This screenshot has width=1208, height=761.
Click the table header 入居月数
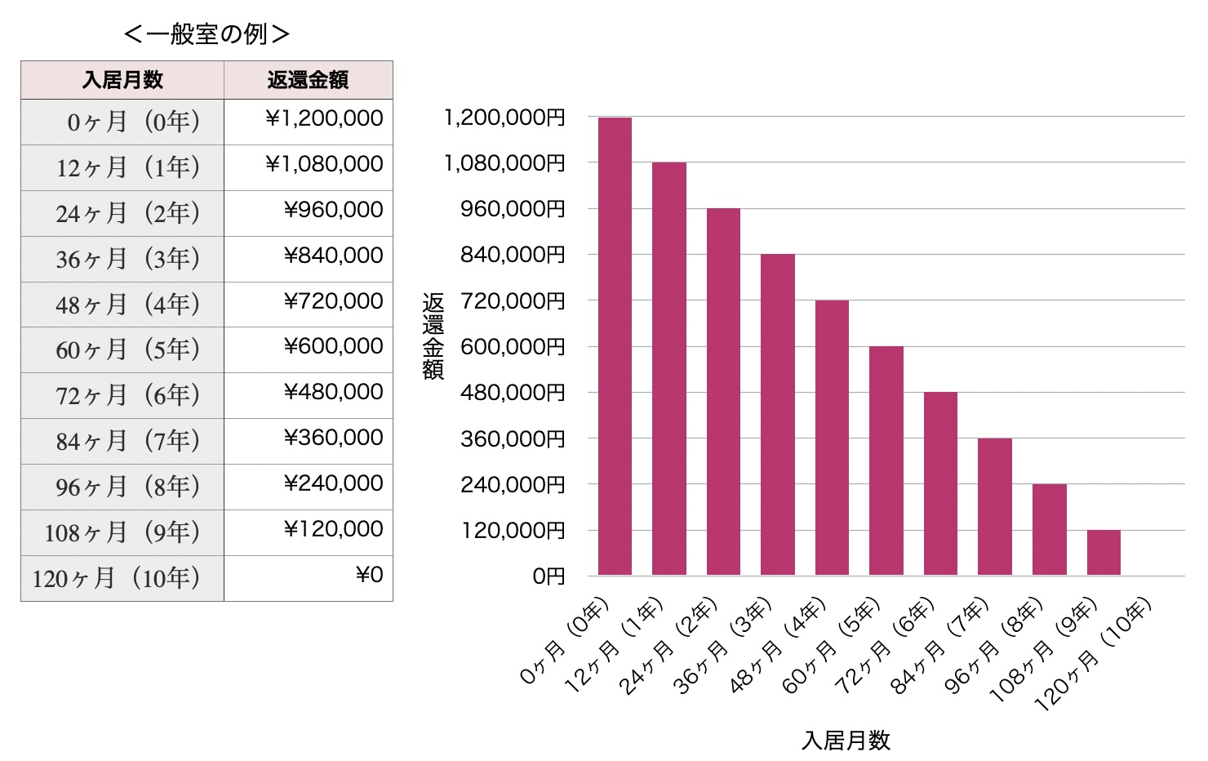(122, 80)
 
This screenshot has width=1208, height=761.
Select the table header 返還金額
(308, 80)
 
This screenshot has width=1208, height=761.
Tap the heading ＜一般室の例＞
(207, 33)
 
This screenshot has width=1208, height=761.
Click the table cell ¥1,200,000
(324, 119)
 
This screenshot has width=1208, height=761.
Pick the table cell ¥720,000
(333, 302)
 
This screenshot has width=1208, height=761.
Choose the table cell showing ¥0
(369, 576)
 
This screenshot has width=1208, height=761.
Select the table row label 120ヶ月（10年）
(117, 579)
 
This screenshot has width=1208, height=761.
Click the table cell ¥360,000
(333, 438)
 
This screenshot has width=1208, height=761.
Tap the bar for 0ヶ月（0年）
(615, 346)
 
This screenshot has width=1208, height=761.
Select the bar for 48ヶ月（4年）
(832, 438)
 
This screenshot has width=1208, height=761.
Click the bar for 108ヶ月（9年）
(1104, 553)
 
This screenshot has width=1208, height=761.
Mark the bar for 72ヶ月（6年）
(940, 483)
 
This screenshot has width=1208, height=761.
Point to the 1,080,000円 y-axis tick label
(504, 163)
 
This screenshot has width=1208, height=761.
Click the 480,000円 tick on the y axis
(513, 393)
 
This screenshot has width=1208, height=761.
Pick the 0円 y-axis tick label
(548, 576)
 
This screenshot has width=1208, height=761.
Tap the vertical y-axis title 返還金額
(433, 336)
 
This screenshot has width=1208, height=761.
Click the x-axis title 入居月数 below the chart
(846, 741)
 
